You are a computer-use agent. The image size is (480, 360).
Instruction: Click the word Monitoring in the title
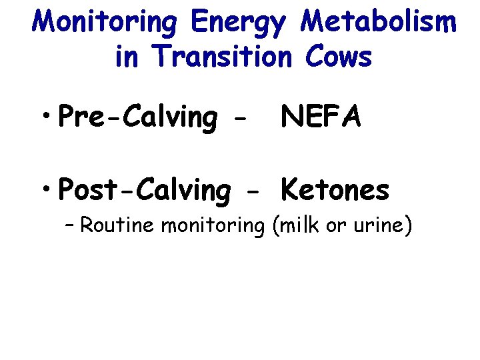[106, 23]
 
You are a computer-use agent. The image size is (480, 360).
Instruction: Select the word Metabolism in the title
[379, 22]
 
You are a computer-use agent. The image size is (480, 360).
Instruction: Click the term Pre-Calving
[138, 118]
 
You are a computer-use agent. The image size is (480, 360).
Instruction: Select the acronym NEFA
[321, 117]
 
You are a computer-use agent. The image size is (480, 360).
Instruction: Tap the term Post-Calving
[143, 191]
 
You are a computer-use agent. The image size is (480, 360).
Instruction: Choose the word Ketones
[335, 190]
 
